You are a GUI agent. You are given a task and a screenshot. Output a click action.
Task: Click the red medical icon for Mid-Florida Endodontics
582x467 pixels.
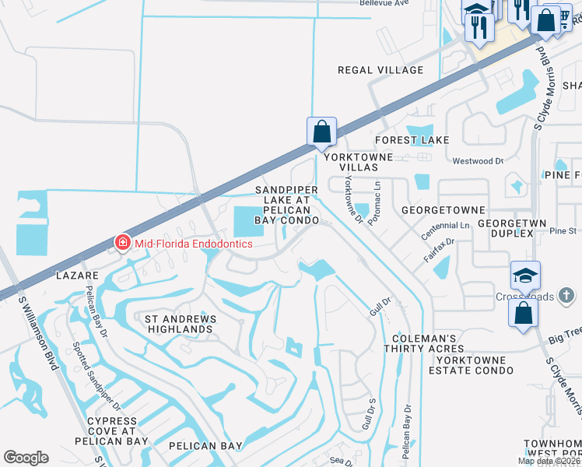click(x=121, y=244)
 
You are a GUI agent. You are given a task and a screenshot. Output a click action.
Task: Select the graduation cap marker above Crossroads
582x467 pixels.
click(x=525, y=276)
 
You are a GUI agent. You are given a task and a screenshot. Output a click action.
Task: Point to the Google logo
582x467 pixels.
click(x=26, y=458)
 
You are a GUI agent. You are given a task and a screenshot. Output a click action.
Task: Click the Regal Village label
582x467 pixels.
click(x=380, y=70)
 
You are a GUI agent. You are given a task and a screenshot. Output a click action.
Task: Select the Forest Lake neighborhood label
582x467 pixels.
click(x=412, y=140)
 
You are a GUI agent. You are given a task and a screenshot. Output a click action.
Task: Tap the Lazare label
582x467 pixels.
click(x=76, y=276)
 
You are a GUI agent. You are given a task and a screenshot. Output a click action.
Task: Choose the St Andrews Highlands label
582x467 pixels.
click(x=179, y=324)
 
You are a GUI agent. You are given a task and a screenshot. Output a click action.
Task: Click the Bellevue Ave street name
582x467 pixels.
click(x=384, y=3)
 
